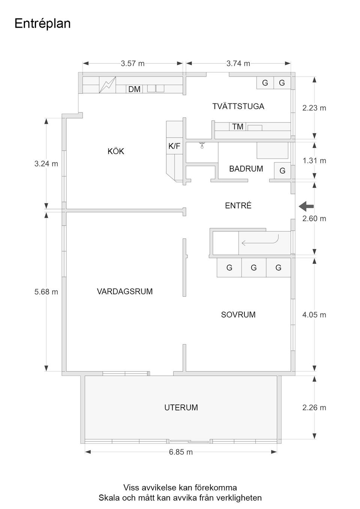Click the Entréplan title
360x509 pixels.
click(42, 24)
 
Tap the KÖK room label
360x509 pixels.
click(115, 151)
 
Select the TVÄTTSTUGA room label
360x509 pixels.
click(238, 106)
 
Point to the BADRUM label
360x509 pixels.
click(246, 169)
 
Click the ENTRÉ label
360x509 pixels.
click(238, 205)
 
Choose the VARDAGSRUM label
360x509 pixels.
click(125, 291)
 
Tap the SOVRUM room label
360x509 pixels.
click(238, 315)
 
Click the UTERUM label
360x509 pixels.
click(181, 407)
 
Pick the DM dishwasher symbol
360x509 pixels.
click(134, 89)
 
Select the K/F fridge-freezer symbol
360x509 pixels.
click(174, 146)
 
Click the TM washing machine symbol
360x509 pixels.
click(238, 127)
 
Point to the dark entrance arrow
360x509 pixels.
click(306, 206)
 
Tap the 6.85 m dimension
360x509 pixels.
click(181, 452)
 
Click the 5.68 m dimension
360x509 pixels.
click(46, 292)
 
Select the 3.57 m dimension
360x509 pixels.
click(132, 64)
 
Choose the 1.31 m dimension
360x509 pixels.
click(314, 161)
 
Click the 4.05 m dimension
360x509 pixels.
click(314, 315)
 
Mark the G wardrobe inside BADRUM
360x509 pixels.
click(282, 171)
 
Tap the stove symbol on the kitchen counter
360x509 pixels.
click(108, 85)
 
